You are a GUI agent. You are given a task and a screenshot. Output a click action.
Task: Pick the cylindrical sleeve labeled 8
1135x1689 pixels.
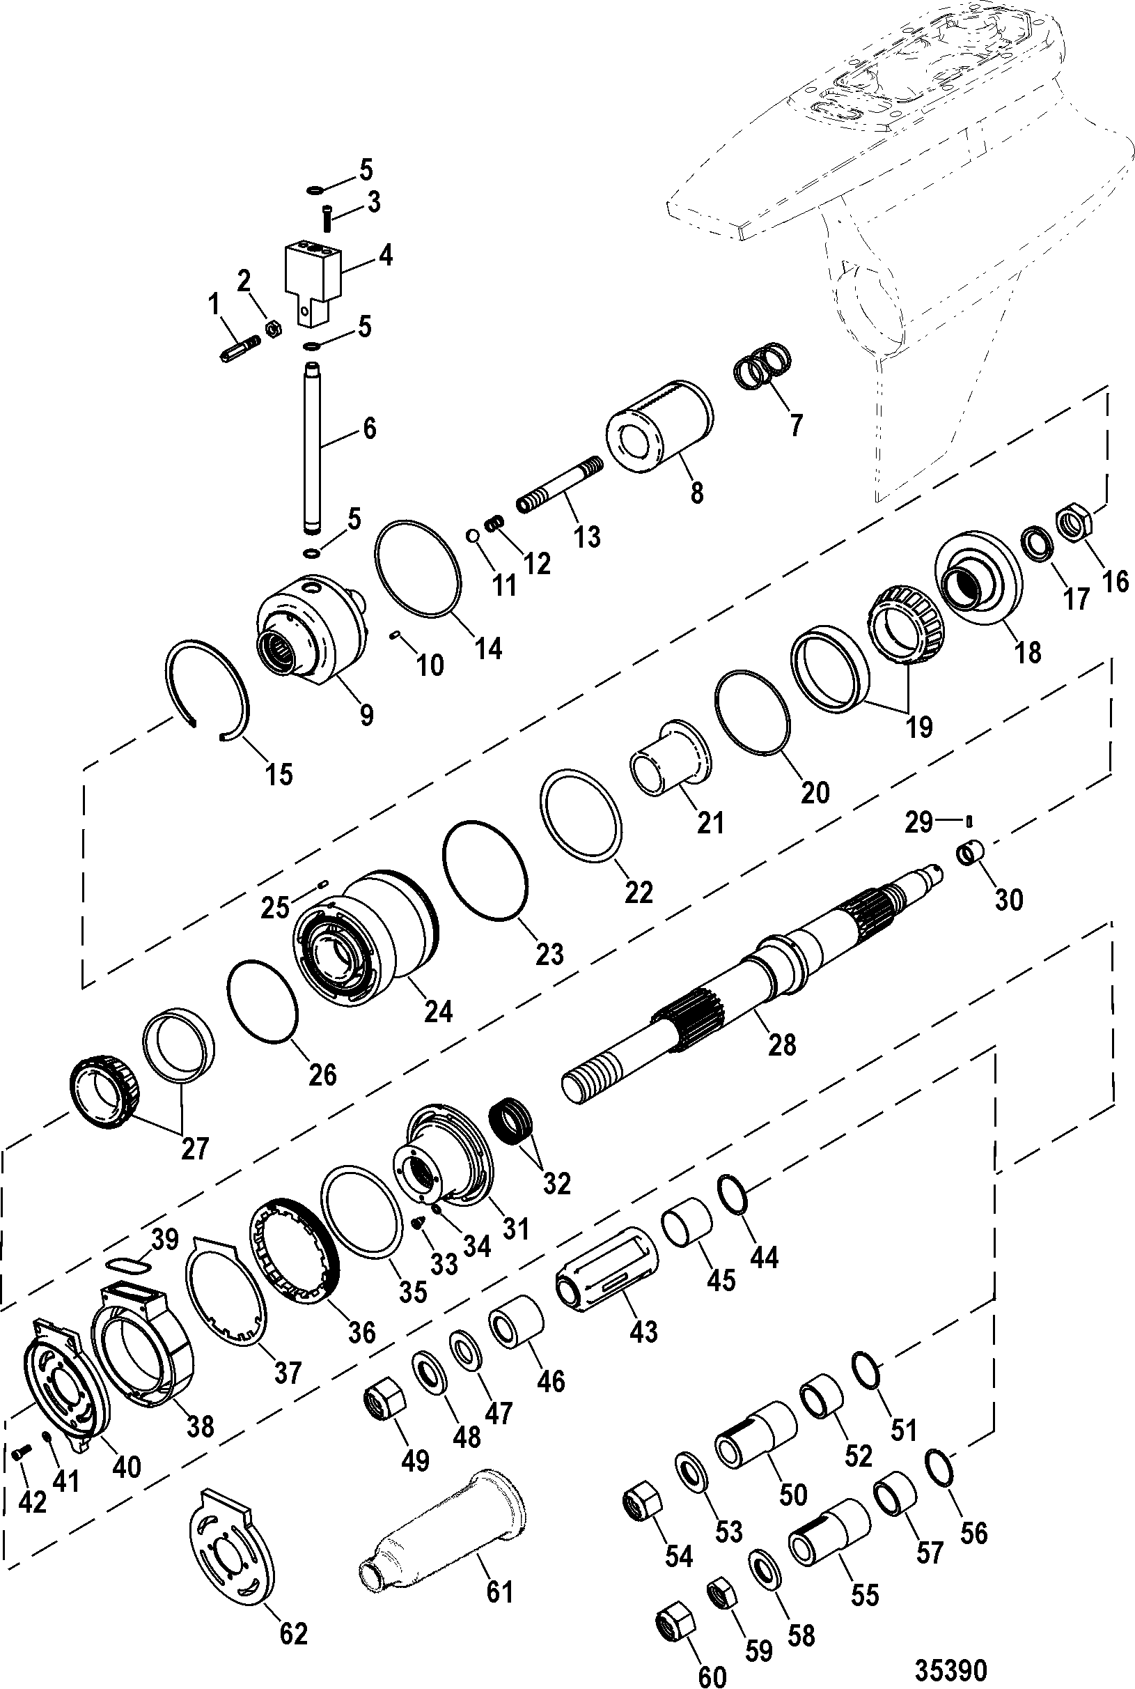click(x=659, y=426)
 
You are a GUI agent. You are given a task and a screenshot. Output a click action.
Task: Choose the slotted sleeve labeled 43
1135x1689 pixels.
click(x=606, y=1268)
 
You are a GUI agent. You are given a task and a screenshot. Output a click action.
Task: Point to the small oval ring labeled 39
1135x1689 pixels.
click(x=129, y=1263)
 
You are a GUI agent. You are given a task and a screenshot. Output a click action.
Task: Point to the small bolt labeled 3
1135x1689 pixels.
click(x=327, y=217)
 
